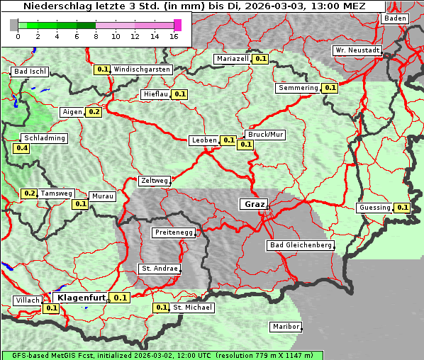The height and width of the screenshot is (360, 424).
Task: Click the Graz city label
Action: pyautogui.click(x=254, y=204)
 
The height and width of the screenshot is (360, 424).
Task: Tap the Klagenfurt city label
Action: pyautogui.click(x=82, y=298)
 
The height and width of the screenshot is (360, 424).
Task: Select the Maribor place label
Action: pyautogui.click(x=286, y=327)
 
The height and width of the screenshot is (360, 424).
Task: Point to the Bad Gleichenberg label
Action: pyautogui.click(x=300, y=245)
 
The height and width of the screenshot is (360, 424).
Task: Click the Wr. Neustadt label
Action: pyautogui.click(x=357, y=50)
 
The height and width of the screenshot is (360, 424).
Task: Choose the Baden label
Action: pyautogui.click(x=396, y=18)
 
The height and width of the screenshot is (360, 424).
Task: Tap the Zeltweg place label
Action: pyautogui.click(x=154, y=181)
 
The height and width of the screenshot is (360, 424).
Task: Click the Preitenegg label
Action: pyautogui.click(x=174, y=232)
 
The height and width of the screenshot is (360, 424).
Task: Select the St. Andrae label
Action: pyautogui.click(x=159, y=269)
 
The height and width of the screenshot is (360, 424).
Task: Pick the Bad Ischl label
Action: pyautogui.click(x=30, y=72)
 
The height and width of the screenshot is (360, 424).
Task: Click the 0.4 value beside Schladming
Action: pyautogui.click(x=22, y=148)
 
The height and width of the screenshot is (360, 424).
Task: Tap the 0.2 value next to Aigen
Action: pyautogui.click(x=94, y=112)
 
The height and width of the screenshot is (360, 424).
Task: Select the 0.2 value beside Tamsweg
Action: pyautogui.click(x=29, y=193)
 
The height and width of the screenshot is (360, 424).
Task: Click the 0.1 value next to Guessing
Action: pyautogui.click(x=402, y=208)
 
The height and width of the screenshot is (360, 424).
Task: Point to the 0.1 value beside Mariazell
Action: pyautogui.click(x=260, y=59)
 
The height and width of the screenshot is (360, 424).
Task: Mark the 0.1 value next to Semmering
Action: pyautogui.click(x=329, y=88)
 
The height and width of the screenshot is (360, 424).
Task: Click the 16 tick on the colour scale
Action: pyautogui.click(x=174, y=35)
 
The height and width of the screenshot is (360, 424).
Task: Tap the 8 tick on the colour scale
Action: pyautogui.click(x=95, y=35)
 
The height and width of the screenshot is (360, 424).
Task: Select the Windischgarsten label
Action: pyautogui.click(x=142, y=69)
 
